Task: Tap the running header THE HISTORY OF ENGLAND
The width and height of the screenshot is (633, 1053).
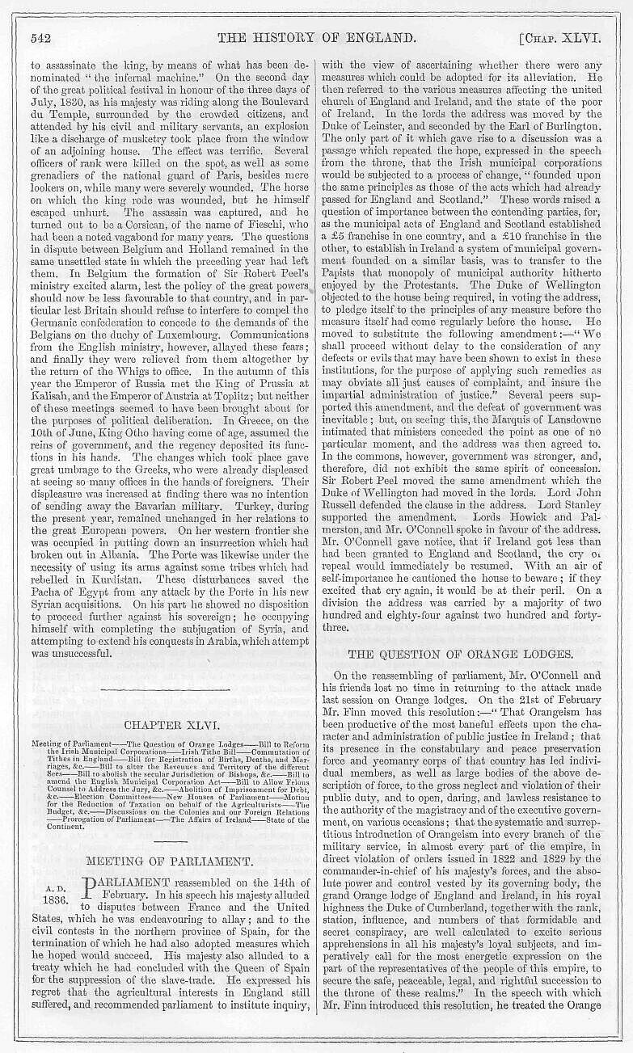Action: point(322,37)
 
